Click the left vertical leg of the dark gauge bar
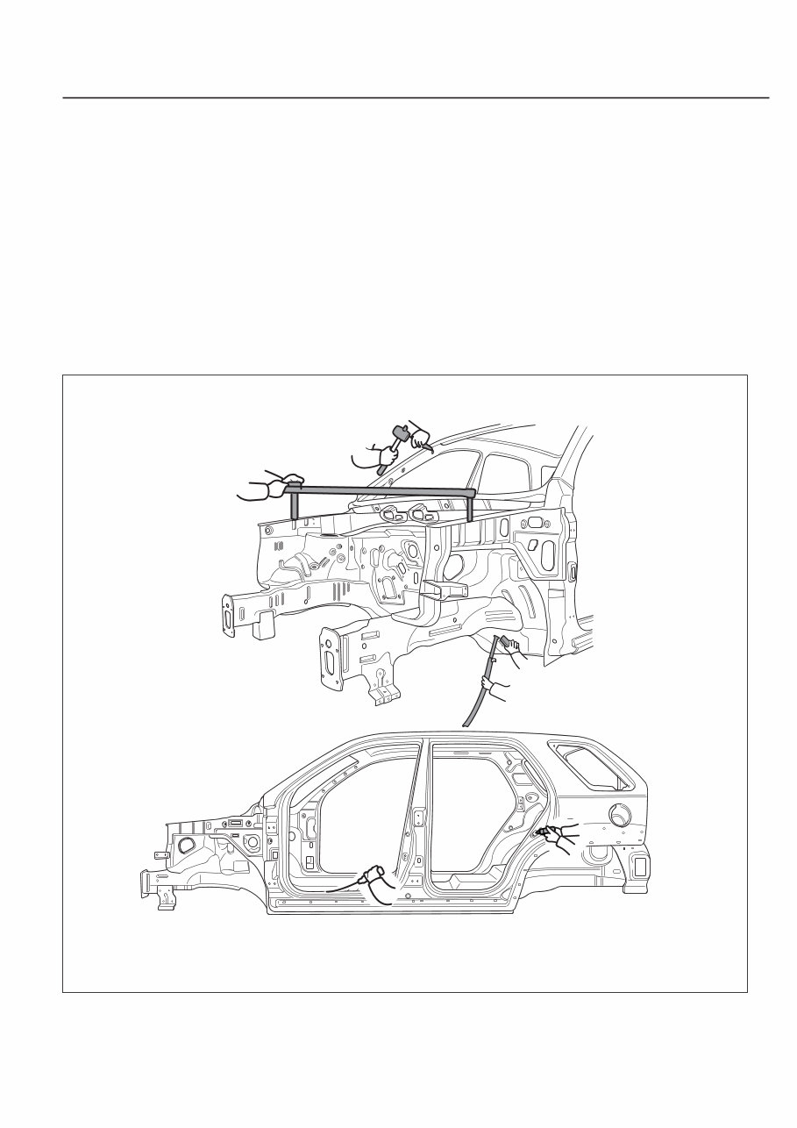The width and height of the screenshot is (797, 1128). pyautogui.click(x=295, y=504)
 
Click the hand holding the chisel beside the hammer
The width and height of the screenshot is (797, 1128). pyautogui.click(x=419, y=436)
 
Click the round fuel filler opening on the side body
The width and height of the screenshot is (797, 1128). pyautogui.click(x=623, y=816)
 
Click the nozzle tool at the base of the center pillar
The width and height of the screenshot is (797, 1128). pyautogui.click(x=375, y=874)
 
